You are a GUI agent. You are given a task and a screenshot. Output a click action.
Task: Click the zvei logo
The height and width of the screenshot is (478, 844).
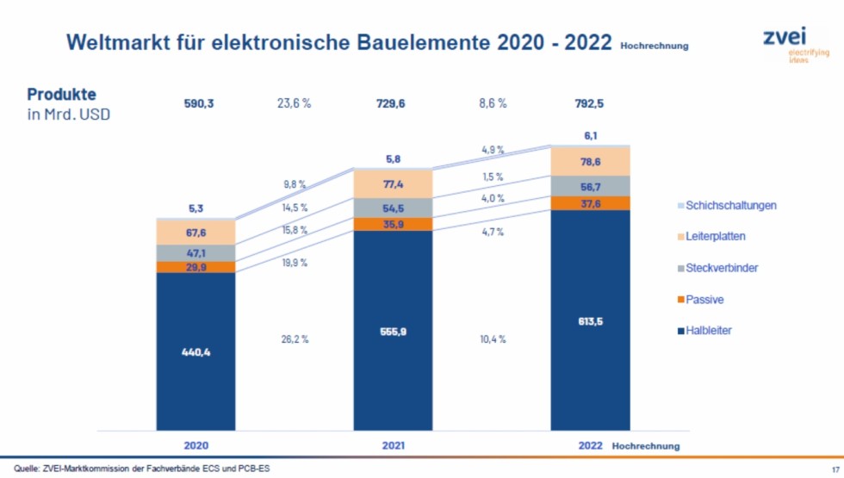tap(796, 45)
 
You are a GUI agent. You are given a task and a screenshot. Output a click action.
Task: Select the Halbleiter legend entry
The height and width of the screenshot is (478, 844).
tap(704, 331)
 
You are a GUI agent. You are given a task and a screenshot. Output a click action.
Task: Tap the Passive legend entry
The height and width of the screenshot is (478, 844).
tap(700, 300)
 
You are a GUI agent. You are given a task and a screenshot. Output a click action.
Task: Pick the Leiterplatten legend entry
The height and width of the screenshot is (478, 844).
tap(711, 236)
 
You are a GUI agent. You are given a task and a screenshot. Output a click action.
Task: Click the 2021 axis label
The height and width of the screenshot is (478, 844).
tap(393, 446)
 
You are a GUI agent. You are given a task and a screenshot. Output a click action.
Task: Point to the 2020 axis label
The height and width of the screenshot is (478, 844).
tap(196, 446)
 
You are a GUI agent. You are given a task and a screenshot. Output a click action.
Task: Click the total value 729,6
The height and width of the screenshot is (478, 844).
tap(391, 103)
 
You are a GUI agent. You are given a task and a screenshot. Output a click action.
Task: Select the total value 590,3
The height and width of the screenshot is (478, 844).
tap(199, 103)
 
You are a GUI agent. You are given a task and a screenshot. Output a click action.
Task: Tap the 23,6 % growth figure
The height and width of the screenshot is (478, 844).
tap(294, 103)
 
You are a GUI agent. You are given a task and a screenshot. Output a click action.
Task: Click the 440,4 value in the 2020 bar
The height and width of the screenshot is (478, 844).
tap(196, 352)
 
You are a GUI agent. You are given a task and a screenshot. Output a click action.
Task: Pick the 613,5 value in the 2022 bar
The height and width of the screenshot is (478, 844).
tap(591, 321)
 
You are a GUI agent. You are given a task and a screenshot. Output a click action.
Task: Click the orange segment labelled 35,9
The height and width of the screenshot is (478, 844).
tap(393, 224)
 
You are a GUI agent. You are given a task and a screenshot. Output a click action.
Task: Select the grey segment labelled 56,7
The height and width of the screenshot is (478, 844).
tap(591, 186)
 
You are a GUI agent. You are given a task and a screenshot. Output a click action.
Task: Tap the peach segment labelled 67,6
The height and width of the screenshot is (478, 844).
tap(196, 233)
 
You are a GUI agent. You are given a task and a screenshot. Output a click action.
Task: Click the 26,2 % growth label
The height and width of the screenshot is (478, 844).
tap(295, 339)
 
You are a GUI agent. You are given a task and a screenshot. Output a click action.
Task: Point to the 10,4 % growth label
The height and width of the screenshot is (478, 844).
tap(493, 339)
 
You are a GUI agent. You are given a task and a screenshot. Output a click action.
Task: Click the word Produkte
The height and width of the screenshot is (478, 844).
tap(61, 94)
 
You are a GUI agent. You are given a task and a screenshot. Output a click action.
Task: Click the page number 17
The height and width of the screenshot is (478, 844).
tap(835, 469)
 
